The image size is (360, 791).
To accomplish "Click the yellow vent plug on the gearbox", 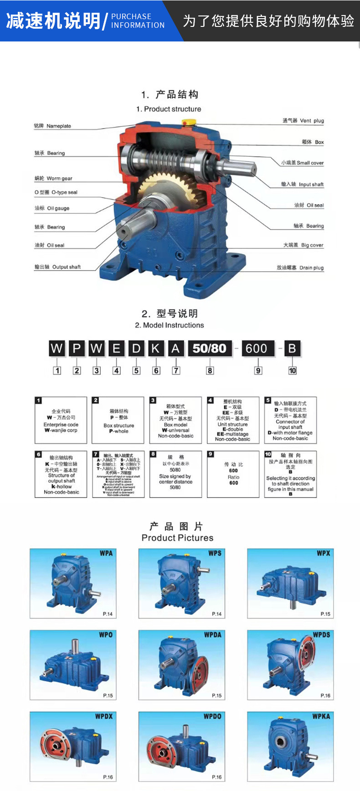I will pyautogui.click(x=188, y=122).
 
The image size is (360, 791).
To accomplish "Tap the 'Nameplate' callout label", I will pyautogui.click(x=52, y=126).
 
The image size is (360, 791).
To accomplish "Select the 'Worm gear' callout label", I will pyautogui.click(x=53, y=179).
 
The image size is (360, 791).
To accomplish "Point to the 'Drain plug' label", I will pyautogui.click(x=300, y=267).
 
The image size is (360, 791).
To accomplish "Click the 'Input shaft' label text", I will pyautogui.click(x=302, y=185).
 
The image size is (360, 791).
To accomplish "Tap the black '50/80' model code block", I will pyautogui.click(x=210, y=349).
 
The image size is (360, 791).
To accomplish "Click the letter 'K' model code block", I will pyautogui.click(x=156, y=349).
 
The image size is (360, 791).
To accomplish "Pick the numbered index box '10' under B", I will pyautogui.click(x=292, y=370).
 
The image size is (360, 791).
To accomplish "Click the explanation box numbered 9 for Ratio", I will pyautogui.click(x=233, y=474).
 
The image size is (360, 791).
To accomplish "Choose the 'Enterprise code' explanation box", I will pyautogui.click(x=61, y=420).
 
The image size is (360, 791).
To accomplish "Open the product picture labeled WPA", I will pyautogui.click(x=73, y=583).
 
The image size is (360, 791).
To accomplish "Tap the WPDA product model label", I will pyautogui.click(x=212, y=635).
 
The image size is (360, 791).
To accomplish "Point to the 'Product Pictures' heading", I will pyautogui.click(x=177, y=538).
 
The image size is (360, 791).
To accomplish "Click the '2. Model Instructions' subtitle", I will pyautogui.click(x=170, y=325).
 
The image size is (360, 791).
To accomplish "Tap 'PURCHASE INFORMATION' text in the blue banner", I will pyautogui.click(x=138, y=21).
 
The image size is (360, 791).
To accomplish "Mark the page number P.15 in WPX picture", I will pyautogui.click(x=325, y=614).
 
